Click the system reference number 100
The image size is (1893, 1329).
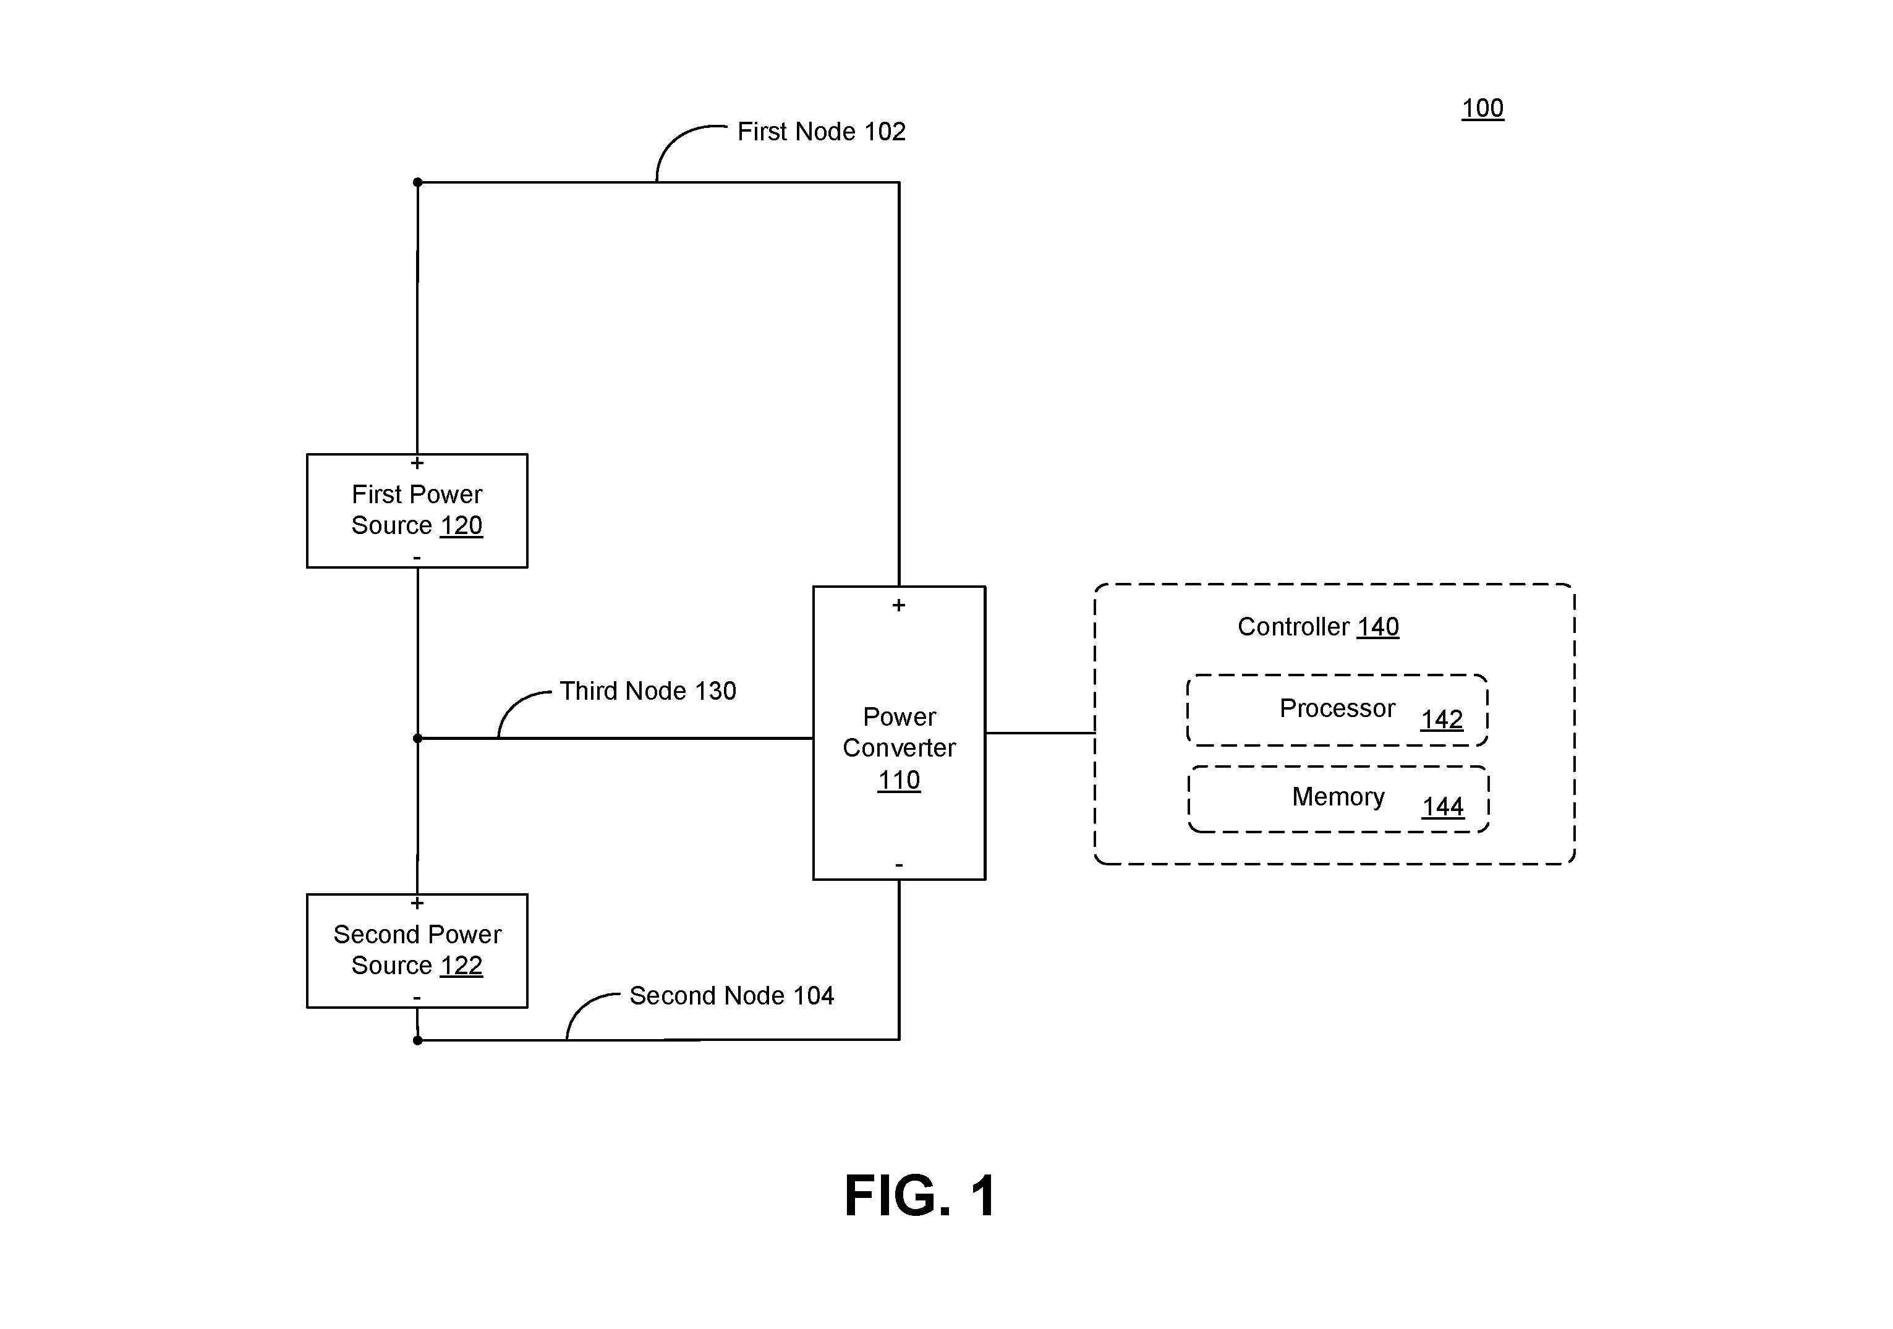[x=1482, y=108]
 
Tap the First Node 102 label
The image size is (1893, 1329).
[x=821, y=131]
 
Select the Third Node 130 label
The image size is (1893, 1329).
[x=648, y=691]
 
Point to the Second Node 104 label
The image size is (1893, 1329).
[x=731, y=995]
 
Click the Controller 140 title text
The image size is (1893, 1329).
[x=1317, y=627]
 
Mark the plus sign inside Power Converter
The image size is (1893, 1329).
[x=899, y=605]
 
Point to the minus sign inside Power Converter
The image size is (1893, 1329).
[x=899, y=865]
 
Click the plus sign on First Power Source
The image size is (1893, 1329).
[x=417, y=464]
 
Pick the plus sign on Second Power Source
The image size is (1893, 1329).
[x=417, y=902]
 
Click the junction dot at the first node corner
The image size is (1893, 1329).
[x=417, y=182]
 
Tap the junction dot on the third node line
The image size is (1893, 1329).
[x=417, y=738]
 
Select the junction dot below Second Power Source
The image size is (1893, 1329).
[x=417, y=1040]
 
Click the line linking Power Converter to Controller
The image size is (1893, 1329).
[x=1040, y=732]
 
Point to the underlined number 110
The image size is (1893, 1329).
[x=899, y=780]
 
